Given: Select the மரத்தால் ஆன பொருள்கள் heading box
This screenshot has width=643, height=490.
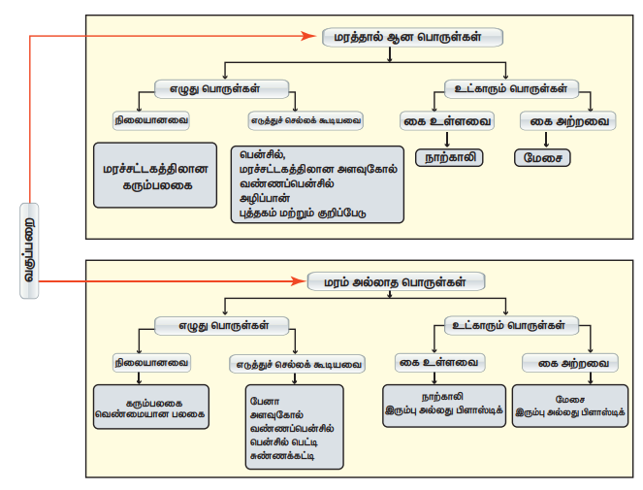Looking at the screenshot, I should [413, 37].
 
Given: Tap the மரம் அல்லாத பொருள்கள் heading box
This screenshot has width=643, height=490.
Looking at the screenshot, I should [399, 281].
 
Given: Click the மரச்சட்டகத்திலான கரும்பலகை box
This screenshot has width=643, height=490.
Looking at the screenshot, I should [155, 175].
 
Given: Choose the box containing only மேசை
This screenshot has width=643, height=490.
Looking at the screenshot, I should [543, 155].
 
